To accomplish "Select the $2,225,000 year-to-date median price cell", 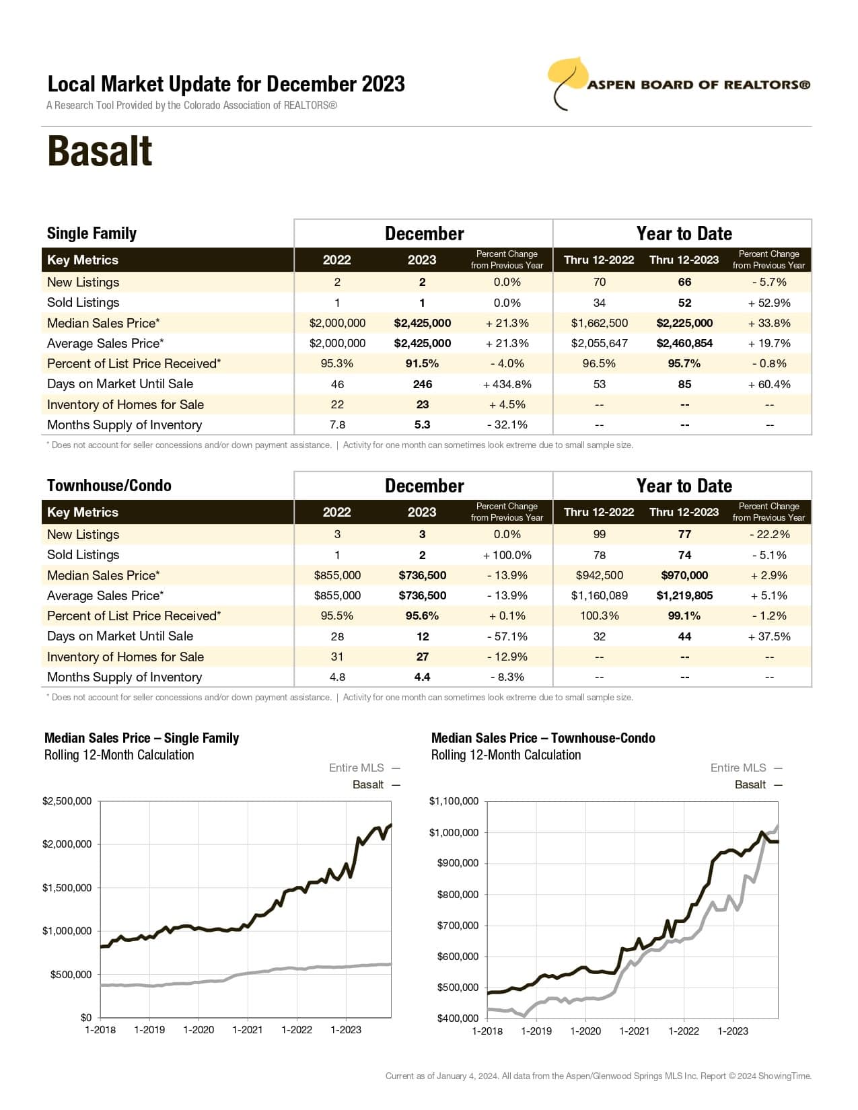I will (x=684, y=323).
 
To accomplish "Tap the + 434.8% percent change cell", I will (x=507, y=384).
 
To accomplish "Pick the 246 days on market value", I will (x=422, y=384).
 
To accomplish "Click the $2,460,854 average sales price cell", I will (x=684, y=343).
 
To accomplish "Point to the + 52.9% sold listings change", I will (x=769, y=303).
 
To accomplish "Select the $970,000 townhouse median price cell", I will (x=684, y=575).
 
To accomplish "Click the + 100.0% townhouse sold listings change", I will (x=507, y=555).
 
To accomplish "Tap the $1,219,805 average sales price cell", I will (x=684, y=595).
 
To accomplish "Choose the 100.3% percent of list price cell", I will (x=599, y=616).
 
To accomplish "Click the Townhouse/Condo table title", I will (x=109, y=486).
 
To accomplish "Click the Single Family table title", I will (x=92, y=233).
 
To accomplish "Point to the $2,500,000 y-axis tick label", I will (x=67, y=801).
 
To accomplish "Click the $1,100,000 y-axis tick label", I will (x=454, y=801).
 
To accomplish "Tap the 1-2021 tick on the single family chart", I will (x=248, y=1030).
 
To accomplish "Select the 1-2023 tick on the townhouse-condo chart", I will (x=732, y=1031).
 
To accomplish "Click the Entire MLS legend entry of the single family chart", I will (x=364, y=768).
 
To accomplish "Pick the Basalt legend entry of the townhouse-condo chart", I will (x=758, y=784).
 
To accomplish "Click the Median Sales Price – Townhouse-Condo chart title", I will (x=543, y=738).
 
